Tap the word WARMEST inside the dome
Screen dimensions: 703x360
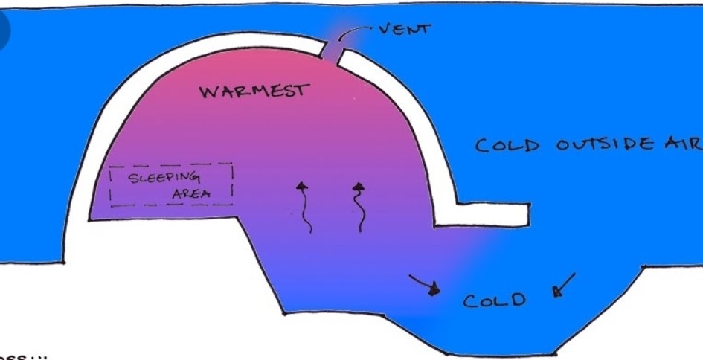point(253,91)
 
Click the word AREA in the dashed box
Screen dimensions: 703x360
point(191,195)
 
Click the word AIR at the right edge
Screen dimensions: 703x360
point(684,143)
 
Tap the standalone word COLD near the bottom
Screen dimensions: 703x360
point(494,300)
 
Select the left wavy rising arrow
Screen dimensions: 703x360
point(304,206)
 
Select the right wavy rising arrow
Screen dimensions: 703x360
point(359,206)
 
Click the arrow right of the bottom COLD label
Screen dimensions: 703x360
point(563,286)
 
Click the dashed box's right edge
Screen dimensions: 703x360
point(232,184)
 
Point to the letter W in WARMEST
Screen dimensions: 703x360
point(208,93)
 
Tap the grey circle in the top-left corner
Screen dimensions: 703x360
point(4,32)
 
